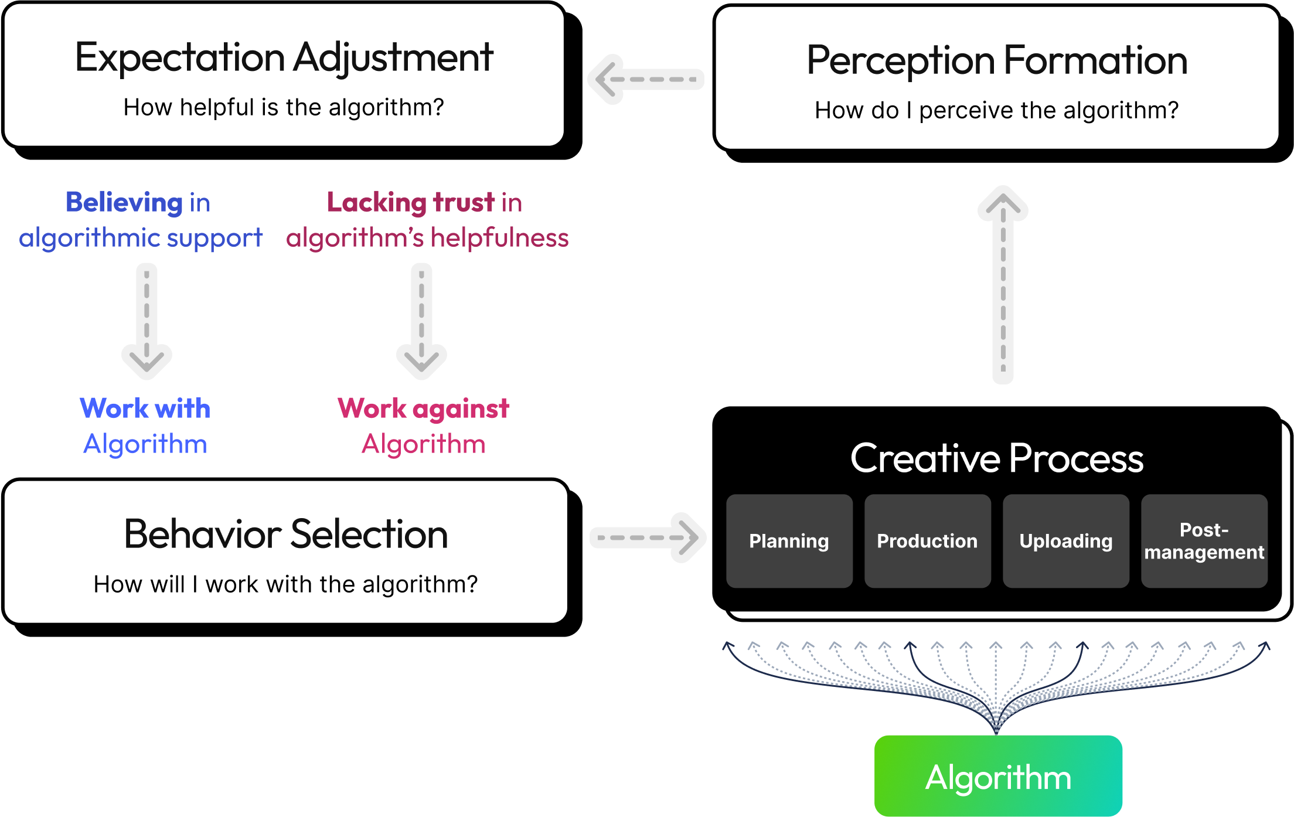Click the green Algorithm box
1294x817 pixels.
tap(998, 775)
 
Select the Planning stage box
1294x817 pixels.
tap(789, 540)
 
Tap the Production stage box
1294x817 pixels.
tap(927, 540)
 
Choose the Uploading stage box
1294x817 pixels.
tap(1065, 540)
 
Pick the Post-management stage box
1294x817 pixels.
tap(1204, 540)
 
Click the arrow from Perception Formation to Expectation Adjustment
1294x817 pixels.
tap(645, 79)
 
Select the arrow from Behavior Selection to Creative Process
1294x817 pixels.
tap(648, 537)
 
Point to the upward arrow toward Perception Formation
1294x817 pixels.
tap(1003, 284)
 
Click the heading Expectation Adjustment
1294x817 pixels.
tap(284, 57)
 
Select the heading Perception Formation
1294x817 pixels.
tap(996, 60)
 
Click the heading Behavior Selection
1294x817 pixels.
tap(286, 534)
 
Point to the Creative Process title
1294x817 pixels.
tap(996, 458)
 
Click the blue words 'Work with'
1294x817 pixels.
tap(145, 408)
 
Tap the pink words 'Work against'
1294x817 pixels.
tap(423, 408)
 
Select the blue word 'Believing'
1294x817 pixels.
tap(124, 202)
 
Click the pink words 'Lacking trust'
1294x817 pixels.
tap(411, 202)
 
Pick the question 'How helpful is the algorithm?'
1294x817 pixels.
tap(284, 107)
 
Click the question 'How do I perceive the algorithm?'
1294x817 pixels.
tap(996, 110)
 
